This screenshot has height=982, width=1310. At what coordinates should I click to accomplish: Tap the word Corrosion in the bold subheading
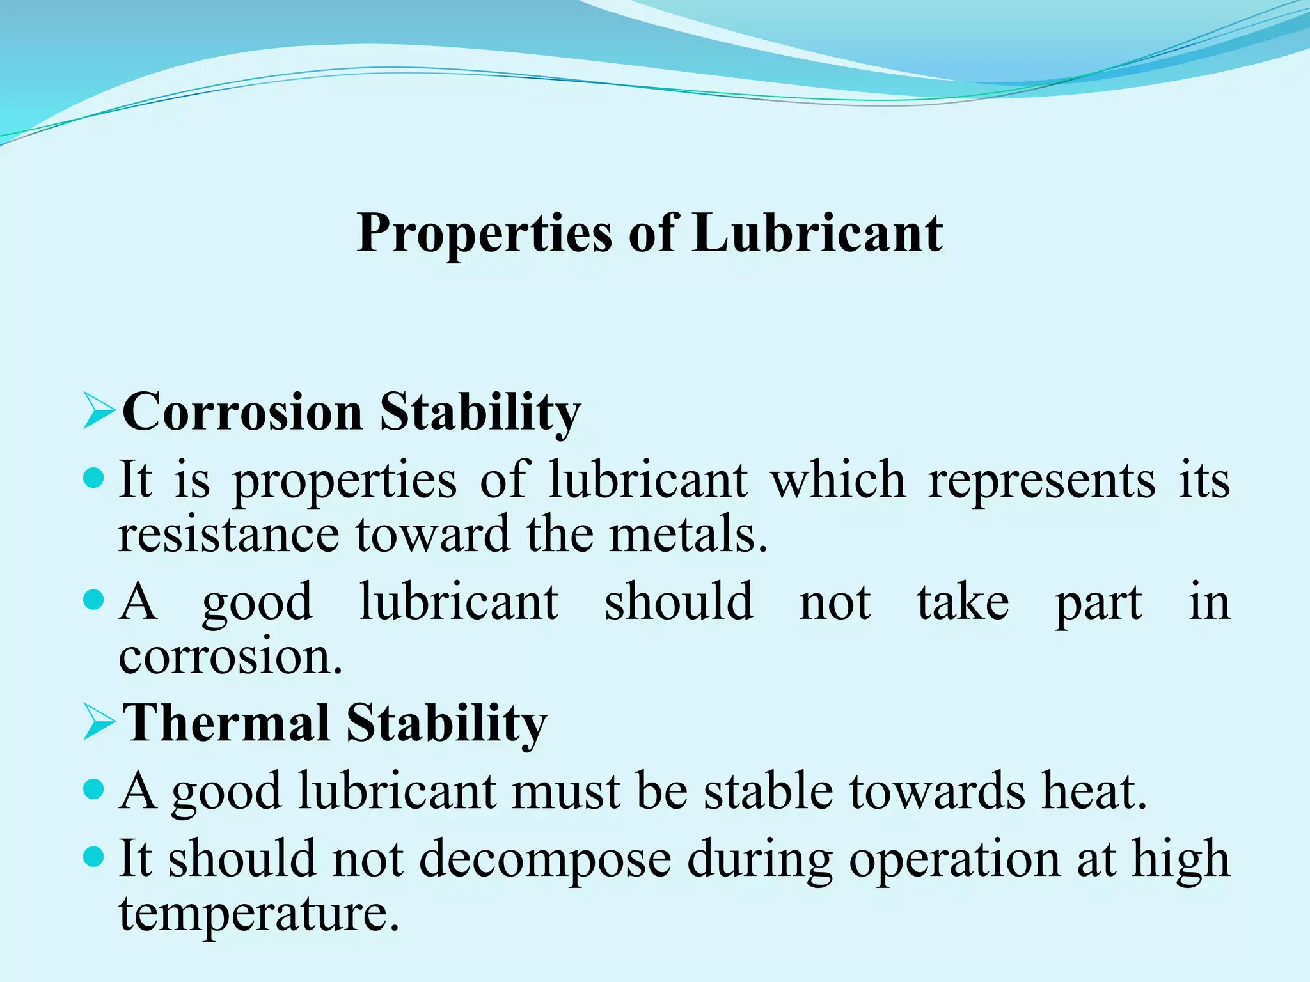click(x=242, y=412)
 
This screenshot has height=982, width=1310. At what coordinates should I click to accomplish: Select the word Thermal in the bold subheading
click(x=226, y=723)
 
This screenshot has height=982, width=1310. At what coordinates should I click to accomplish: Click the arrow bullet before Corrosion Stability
click(x=99, y=412)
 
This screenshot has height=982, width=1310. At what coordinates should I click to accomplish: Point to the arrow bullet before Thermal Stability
click(x=99, y=724)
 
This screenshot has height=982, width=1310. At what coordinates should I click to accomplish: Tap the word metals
click(x=688, y=534)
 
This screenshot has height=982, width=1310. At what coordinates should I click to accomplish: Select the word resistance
click(x=229, y=534)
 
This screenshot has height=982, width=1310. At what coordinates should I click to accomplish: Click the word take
click(x=963, y=602)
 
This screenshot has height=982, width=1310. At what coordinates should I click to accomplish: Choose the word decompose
click(x=545, y=860)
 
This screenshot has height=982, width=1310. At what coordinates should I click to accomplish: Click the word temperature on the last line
click(x=258, y=914)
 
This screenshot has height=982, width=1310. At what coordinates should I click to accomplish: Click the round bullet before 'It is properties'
click(x=94, y=478)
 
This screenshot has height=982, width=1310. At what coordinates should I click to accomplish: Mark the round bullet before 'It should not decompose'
click(x=94, y=857)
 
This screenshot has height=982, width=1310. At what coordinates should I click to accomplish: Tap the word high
click(x=1181, y=860)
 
